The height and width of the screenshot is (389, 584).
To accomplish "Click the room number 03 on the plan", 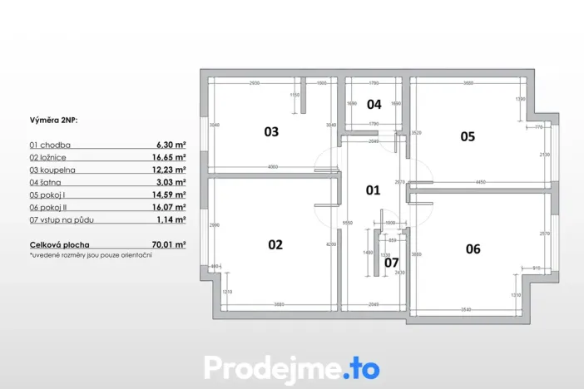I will point(271,131).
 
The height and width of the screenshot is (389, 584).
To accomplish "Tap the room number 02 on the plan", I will point(275,244).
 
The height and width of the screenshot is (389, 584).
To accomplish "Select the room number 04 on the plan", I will point(374,105).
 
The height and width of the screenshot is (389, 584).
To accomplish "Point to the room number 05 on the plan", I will point(468,136).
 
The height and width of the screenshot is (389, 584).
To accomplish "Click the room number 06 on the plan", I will point(473,248).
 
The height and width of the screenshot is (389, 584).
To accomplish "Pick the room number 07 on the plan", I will point(391,263).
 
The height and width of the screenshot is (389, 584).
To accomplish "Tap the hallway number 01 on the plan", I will point(374,190).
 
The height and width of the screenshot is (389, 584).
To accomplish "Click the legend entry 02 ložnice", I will point(49,156).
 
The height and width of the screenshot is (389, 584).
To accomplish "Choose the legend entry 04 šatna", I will point(47,181).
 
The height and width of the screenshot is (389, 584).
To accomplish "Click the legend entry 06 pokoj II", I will point(50,206).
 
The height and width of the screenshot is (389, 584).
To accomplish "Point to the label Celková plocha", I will point(58,245).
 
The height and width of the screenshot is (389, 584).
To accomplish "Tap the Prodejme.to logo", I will point(291,367).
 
